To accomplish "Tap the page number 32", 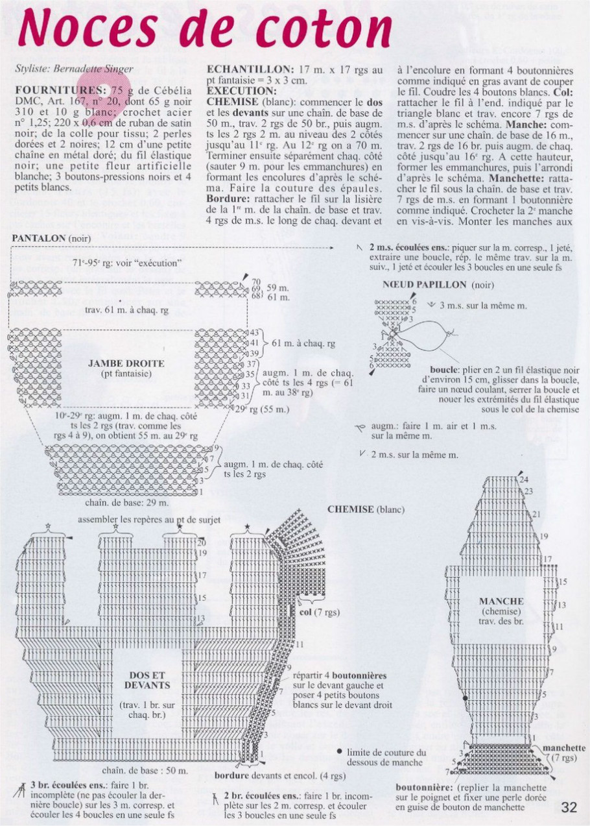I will (x=569, y=807).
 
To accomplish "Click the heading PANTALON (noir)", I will (x=51, y=238).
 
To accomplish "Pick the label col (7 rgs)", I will (x=320, y=612).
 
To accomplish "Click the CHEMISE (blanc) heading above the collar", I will (x=366, y=509).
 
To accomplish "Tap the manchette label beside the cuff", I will (x=565, y=747).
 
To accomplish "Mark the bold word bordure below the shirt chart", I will (x=232, y=775).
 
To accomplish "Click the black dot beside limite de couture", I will (x=340, y=751).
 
